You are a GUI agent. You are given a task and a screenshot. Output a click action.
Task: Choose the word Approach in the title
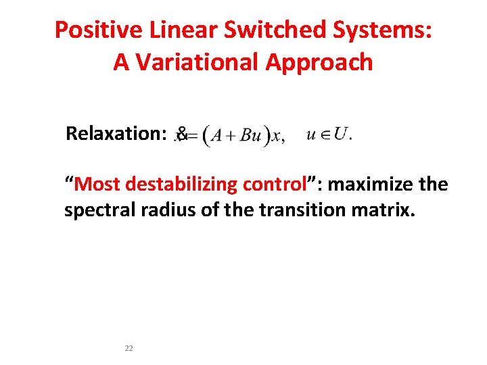pyautogui.click(x=319, y=62)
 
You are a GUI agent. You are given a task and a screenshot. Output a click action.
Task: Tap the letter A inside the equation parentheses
pyautogui.click(x=217, y=136)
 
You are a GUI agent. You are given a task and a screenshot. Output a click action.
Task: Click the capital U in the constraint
pyautogui.click(x=341, y=134)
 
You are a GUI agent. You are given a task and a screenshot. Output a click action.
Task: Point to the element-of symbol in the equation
pyautogui.click(x=325, y=135)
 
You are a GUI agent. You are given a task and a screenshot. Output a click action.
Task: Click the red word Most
pyautogui.click(x=97, y=185)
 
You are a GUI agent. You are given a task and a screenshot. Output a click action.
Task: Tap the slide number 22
pyautogui.click(x=129, y=348)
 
